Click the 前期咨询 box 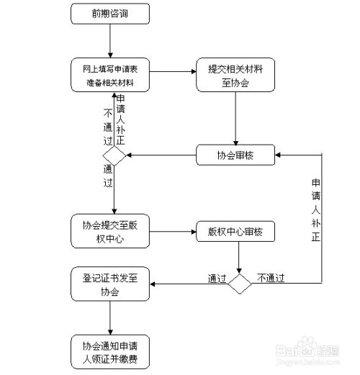(111, 14)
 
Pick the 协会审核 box (235, 155)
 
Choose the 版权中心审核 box (237, 232)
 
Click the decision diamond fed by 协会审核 (114, 155)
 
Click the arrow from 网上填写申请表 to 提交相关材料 (174, 71)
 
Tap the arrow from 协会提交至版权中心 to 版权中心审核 (174, 232)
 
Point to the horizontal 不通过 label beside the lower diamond (271, 277)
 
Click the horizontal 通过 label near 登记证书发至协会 (217, 277)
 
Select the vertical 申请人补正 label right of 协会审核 (315, 209)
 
